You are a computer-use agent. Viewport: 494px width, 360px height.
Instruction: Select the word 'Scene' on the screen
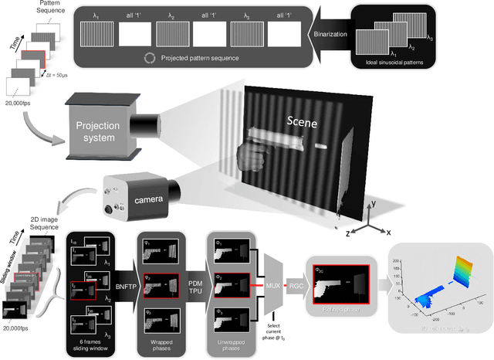(303, 121)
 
